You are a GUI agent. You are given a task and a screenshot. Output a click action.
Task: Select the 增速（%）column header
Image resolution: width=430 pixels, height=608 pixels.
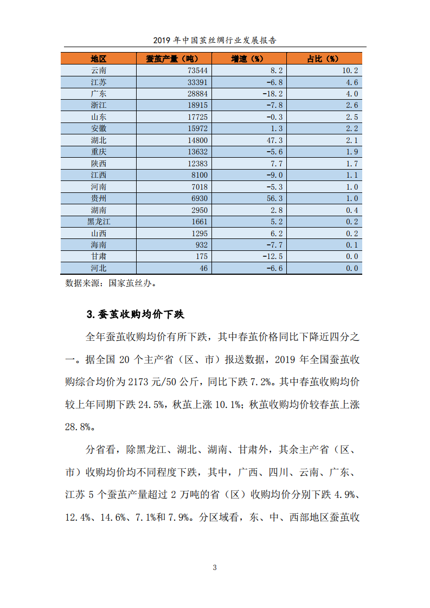coord(247,59)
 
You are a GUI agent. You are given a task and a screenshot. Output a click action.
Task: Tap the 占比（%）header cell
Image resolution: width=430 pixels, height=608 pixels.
coord(323,59)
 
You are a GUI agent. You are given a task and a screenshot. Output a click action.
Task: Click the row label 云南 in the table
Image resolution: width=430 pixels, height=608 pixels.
coord(99,70)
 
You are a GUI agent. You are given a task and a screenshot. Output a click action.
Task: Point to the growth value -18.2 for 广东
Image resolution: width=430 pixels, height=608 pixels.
coord(272,94)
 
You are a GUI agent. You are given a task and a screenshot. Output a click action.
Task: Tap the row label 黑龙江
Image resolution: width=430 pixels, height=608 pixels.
coord(99,222)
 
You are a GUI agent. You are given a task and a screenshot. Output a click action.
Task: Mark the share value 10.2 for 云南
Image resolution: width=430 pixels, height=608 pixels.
coord(348,70)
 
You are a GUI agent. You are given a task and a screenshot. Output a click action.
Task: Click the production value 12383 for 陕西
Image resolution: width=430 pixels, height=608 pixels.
coord(197,164)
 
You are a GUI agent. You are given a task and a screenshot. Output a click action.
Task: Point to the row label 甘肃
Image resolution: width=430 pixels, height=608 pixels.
coord(99,256)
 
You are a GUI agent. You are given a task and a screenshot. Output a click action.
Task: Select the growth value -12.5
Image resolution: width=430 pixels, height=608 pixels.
coord(272,256)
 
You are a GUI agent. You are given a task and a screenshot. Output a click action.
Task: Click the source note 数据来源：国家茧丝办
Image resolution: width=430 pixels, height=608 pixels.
coord(113,282)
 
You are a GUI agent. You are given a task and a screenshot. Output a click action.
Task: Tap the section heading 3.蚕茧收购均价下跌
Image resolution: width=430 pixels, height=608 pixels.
coord(139,314)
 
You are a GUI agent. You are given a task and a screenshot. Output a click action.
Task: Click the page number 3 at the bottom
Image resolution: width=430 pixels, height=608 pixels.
coord(215,567)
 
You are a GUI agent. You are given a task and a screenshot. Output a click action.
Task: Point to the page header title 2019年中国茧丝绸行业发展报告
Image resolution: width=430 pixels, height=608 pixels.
coord(215,40)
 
